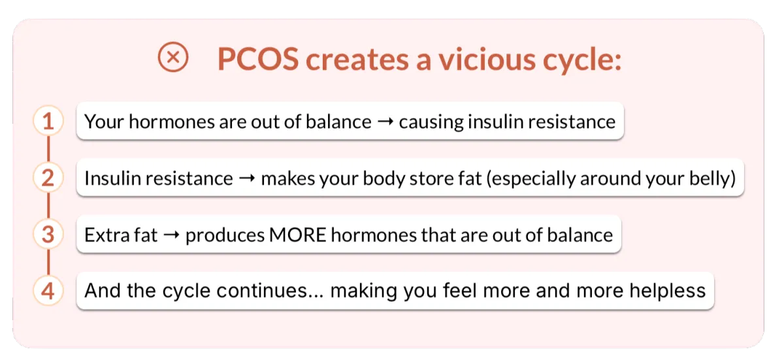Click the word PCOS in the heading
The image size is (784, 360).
pos(258,59)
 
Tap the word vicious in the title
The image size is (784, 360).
pos(487,59)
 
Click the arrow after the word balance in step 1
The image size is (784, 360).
pos(385,122)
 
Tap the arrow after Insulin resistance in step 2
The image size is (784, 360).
pos(247,178)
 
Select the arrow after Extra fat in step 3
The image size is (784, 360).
pos(171,235)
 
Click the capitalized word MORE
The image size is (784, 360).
pos(298,235)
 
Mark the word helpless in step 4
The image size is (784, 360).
pos(668,290)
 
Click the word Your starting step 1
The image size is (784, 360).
pos(104,122)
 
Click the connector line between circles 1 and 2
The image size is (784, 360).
pos(48,149)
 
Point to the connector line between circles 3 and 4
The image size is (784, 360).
pos(48,263)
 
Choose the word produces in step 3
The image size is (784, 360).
pos(225,236)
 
